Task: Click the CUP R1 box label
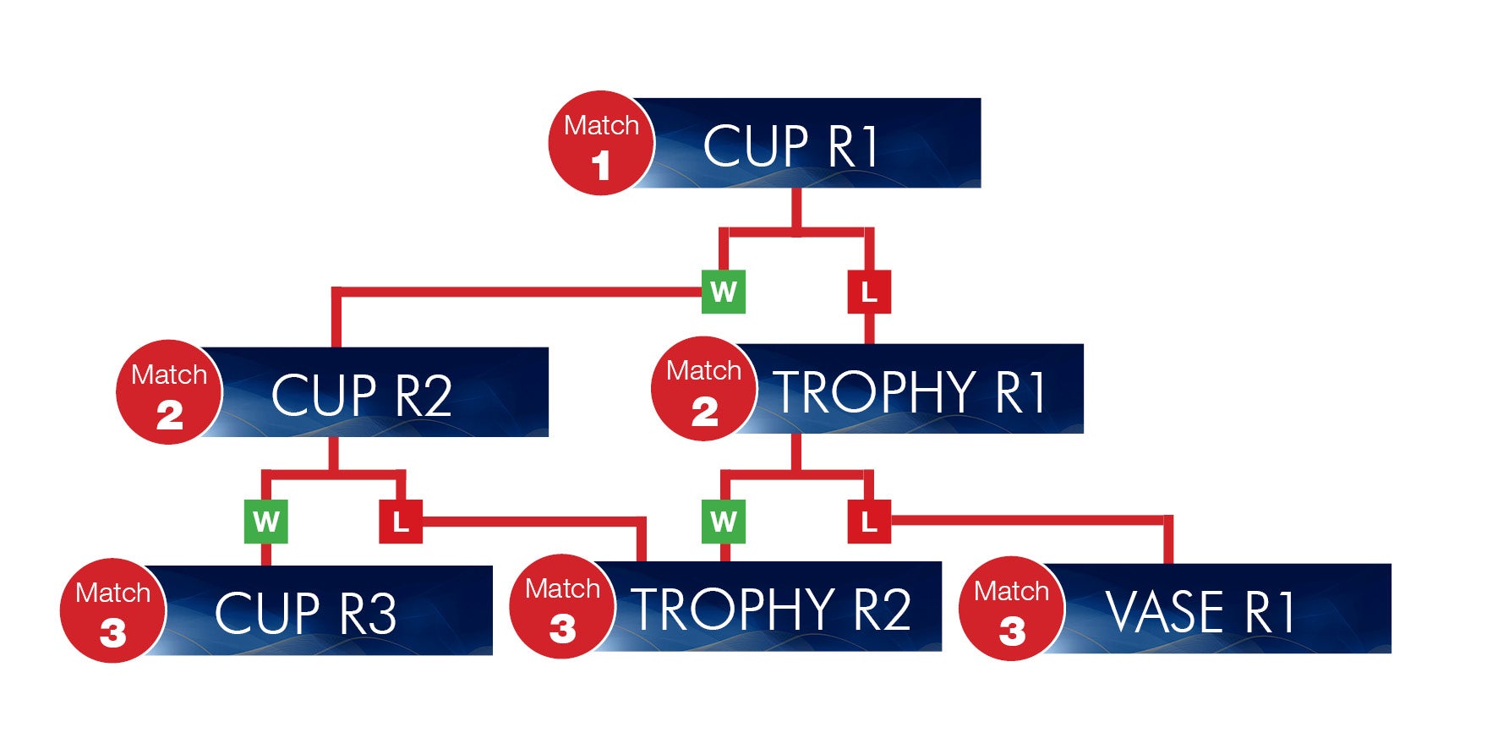(x=790, y=146)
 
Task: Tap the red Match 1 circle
(x=601, y=143)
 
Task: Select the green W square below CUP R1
(x=724, y=292)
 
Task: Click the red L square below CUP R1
(x=869, y=292)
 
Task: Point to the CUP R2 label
(x=362, y=395)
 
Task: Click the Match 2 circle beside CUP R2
(x=169, y=392)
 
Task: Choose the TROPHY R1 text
(x=911, y=391)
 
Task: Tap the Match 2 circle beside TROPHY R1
(x=704, y=389)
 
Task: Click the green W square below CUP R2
(x=266, y=521)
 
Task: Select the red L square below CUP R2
(x=401, y=521)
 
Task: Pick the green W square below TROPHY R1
(x=724, y=521)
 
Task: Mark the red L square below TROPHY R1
(x=869, y=521)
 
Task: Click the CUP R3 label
(x=305, y=613)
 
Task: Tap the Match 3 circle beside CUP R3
(x=112, y=610)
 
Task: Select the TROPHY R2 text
(x=772, y=609)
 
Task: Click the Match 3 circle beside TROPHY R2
(x=562, y=606)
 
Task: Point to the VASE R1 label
(x=1200, y=611)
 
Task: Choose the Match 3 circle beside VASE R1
(x=1012, y=609)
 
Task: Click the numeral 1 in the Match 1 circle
(x=601, y=165)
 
